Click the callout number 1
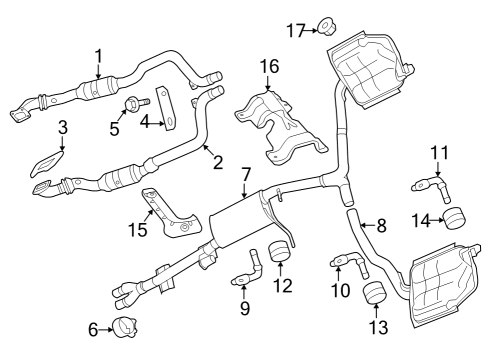(98, 54)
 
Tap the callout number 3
(62, 127)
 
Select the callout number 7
(245, 175)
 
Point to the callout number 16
(267, 66)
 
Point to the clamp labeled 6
(124, 325)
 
